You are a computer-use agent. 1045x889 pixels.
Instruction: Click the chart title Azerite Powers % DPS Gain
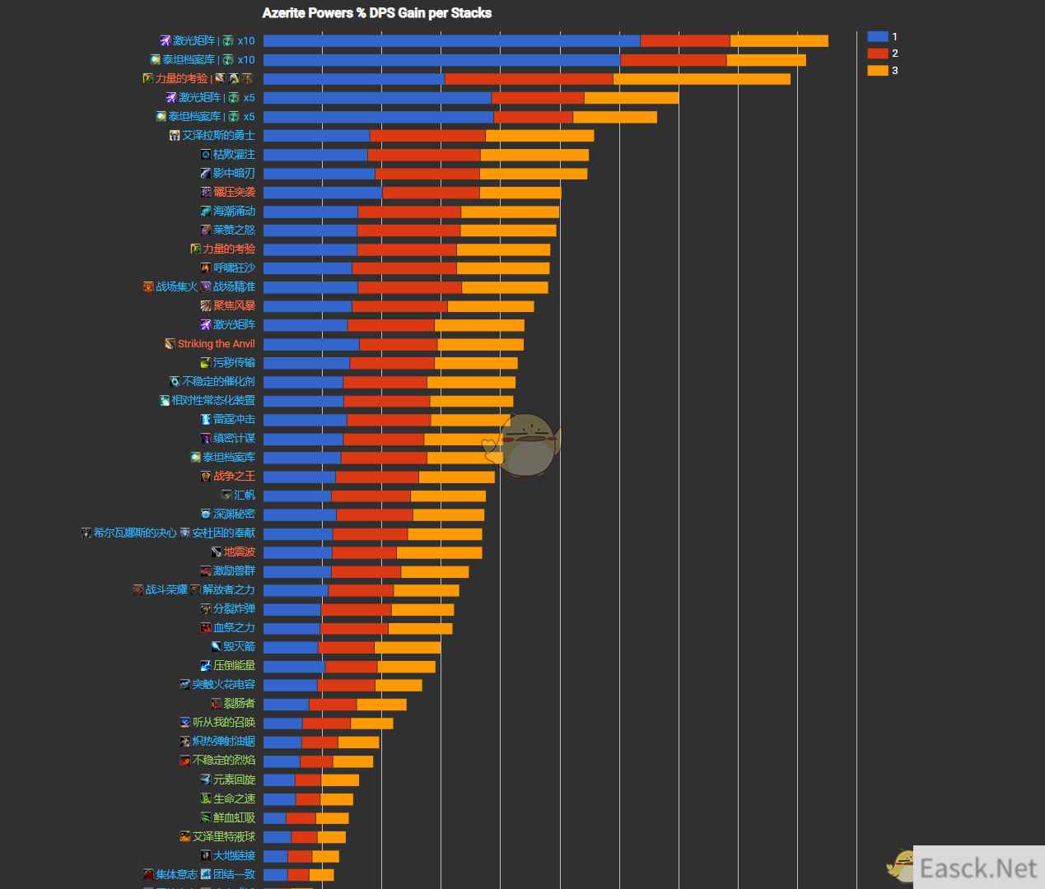[376, 13]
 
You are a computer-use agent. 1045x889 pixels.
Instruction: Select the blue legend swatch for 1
[877, 36]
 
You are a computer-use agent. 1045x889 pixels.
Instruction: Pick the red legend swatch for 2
[877, 54]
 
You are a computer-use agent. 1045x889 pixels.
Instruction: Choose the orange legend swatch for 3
[877, 71]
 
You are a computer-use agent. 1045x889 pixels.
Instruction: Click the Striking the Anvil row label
[216, 344]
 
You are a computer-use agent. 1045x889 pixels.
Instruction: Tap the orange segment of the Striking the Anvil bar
[480, 344]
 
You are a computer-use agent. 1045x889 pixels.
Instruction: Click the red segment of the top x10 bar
[684, 41]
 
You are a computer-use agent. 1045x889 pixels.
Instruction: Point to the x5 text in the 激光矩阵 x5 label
[249, 98]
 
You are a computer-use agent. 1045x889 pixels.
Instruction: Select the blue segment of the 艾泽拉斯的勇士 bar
[316, 136]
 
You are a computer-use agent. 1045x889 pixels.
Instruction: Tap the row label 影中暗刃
[234, 174]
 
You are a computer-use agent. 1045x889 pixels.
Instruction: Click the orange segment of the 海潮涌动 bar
[510, 212]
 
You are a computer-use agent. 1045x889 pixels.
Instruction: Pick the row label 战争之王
[234, 477]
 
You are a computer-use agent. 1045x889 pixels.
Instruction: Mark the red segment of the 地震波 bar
[364, 552]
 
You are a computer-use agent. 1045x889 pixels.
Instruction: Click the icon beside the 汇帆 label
[226, 496]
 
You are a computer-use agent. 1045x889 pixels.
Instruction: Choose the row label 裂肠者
[239, 704]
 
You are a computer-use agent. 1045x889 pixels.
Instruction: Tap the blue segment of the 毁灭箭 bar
[291, 647]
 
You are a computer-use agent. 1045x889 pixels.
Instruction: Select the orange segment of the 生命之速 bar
[336, 799]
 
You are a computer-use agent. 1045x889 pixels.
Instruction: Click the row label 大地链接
[234, 856]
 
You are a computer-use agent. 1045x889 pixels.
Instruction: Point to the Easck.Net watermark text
[977, 868]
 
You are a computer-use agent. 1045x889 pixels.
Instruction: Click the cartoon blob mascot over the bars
[527, 444]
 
